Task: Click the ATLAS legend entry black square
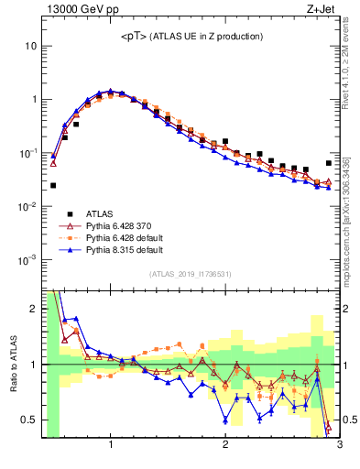coord(67,211)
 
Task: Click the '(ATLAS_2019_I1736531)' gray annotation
coord(191,274)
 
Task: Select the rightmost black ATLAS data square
coord(328,163)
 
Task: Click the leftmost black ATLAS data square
coord(53,185)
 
